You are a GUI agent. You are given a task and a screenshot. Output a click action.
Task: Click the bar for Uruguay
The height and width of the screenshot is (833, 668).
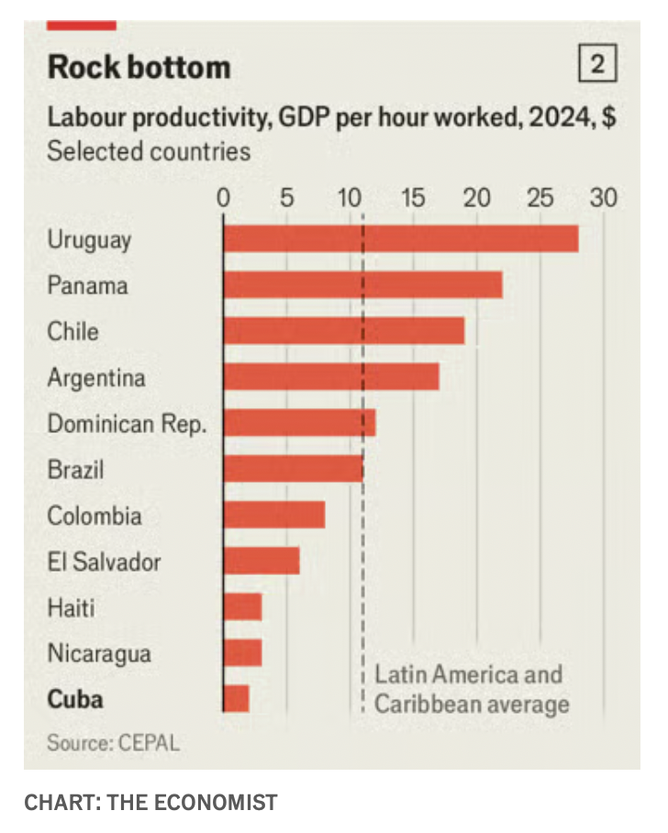pos(400,239)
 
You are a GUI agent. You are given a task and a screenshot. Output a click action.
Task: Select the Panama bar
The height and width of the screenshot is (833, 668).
pos(362,284)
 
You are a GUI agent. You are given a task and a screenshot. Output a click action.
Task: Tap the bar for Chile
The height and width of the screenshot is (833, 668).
pos(343,330)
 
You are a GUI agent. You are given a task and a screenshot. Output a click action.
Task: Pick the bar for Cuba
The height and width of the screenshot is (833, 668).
pos(236,698)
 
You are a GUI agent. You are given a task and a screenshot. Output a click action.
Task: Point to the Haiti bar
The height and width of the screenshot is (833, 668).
pos(242,606)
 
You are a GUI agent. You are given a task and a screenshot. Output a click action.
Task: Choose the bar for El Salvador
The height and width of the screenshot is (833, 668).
pos(262,561)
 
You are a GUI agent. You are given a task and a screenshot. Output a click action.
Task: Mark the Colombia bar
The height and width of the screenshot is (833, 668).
pos(273,515)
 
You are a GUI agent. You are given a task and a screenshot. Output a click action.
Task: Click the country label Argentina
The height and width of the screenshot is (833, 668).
pos(96,377)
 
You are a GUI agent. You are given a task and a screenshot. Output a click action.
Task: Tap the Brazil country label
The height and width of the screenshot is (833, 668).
pos(75,470)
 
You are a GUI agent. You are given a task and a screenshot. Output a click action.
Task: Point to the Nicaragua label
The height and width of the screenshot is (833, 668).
pos(99,654)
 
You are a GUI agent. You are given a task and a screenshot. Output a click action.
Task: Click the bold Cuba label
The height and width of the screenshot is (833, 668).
pos(75,700)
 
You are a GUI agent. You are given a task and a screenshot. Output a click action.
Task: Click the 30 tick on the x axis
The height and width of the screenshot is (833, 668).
pos(603,197)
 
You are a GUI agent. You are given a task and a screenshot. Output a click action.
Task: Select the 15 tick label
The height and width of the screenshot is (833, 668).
pos(413,197)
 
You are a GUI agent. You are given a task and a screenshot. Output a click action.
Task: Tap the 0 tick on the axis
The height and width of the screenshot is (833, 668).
pos(223,197)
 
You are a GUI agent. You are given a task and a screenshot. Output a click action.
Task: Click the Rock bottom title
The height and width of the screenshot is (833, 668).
pos(139,67)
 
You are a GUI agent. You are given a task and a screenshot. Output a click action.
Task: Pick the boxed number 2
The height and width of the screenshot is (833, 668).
pos(597,65)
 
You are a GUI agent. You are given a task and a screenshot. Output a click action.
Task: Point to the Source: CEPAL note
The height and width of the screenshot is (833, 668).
pos(113,742)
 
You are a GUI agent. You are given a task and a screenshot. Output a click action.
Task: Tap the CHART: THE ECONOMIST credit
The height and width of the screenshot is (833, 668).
pos(150,803)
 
